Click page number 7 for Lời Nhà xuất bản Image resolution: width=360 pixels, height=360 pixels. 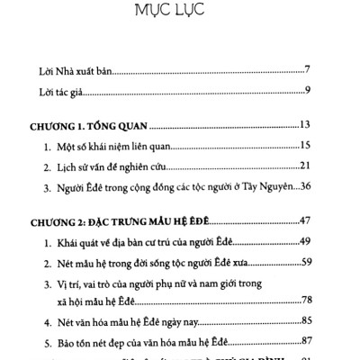tap(307, 70)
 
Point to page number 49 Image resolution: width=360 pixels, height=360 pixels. tap(305, 242)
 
